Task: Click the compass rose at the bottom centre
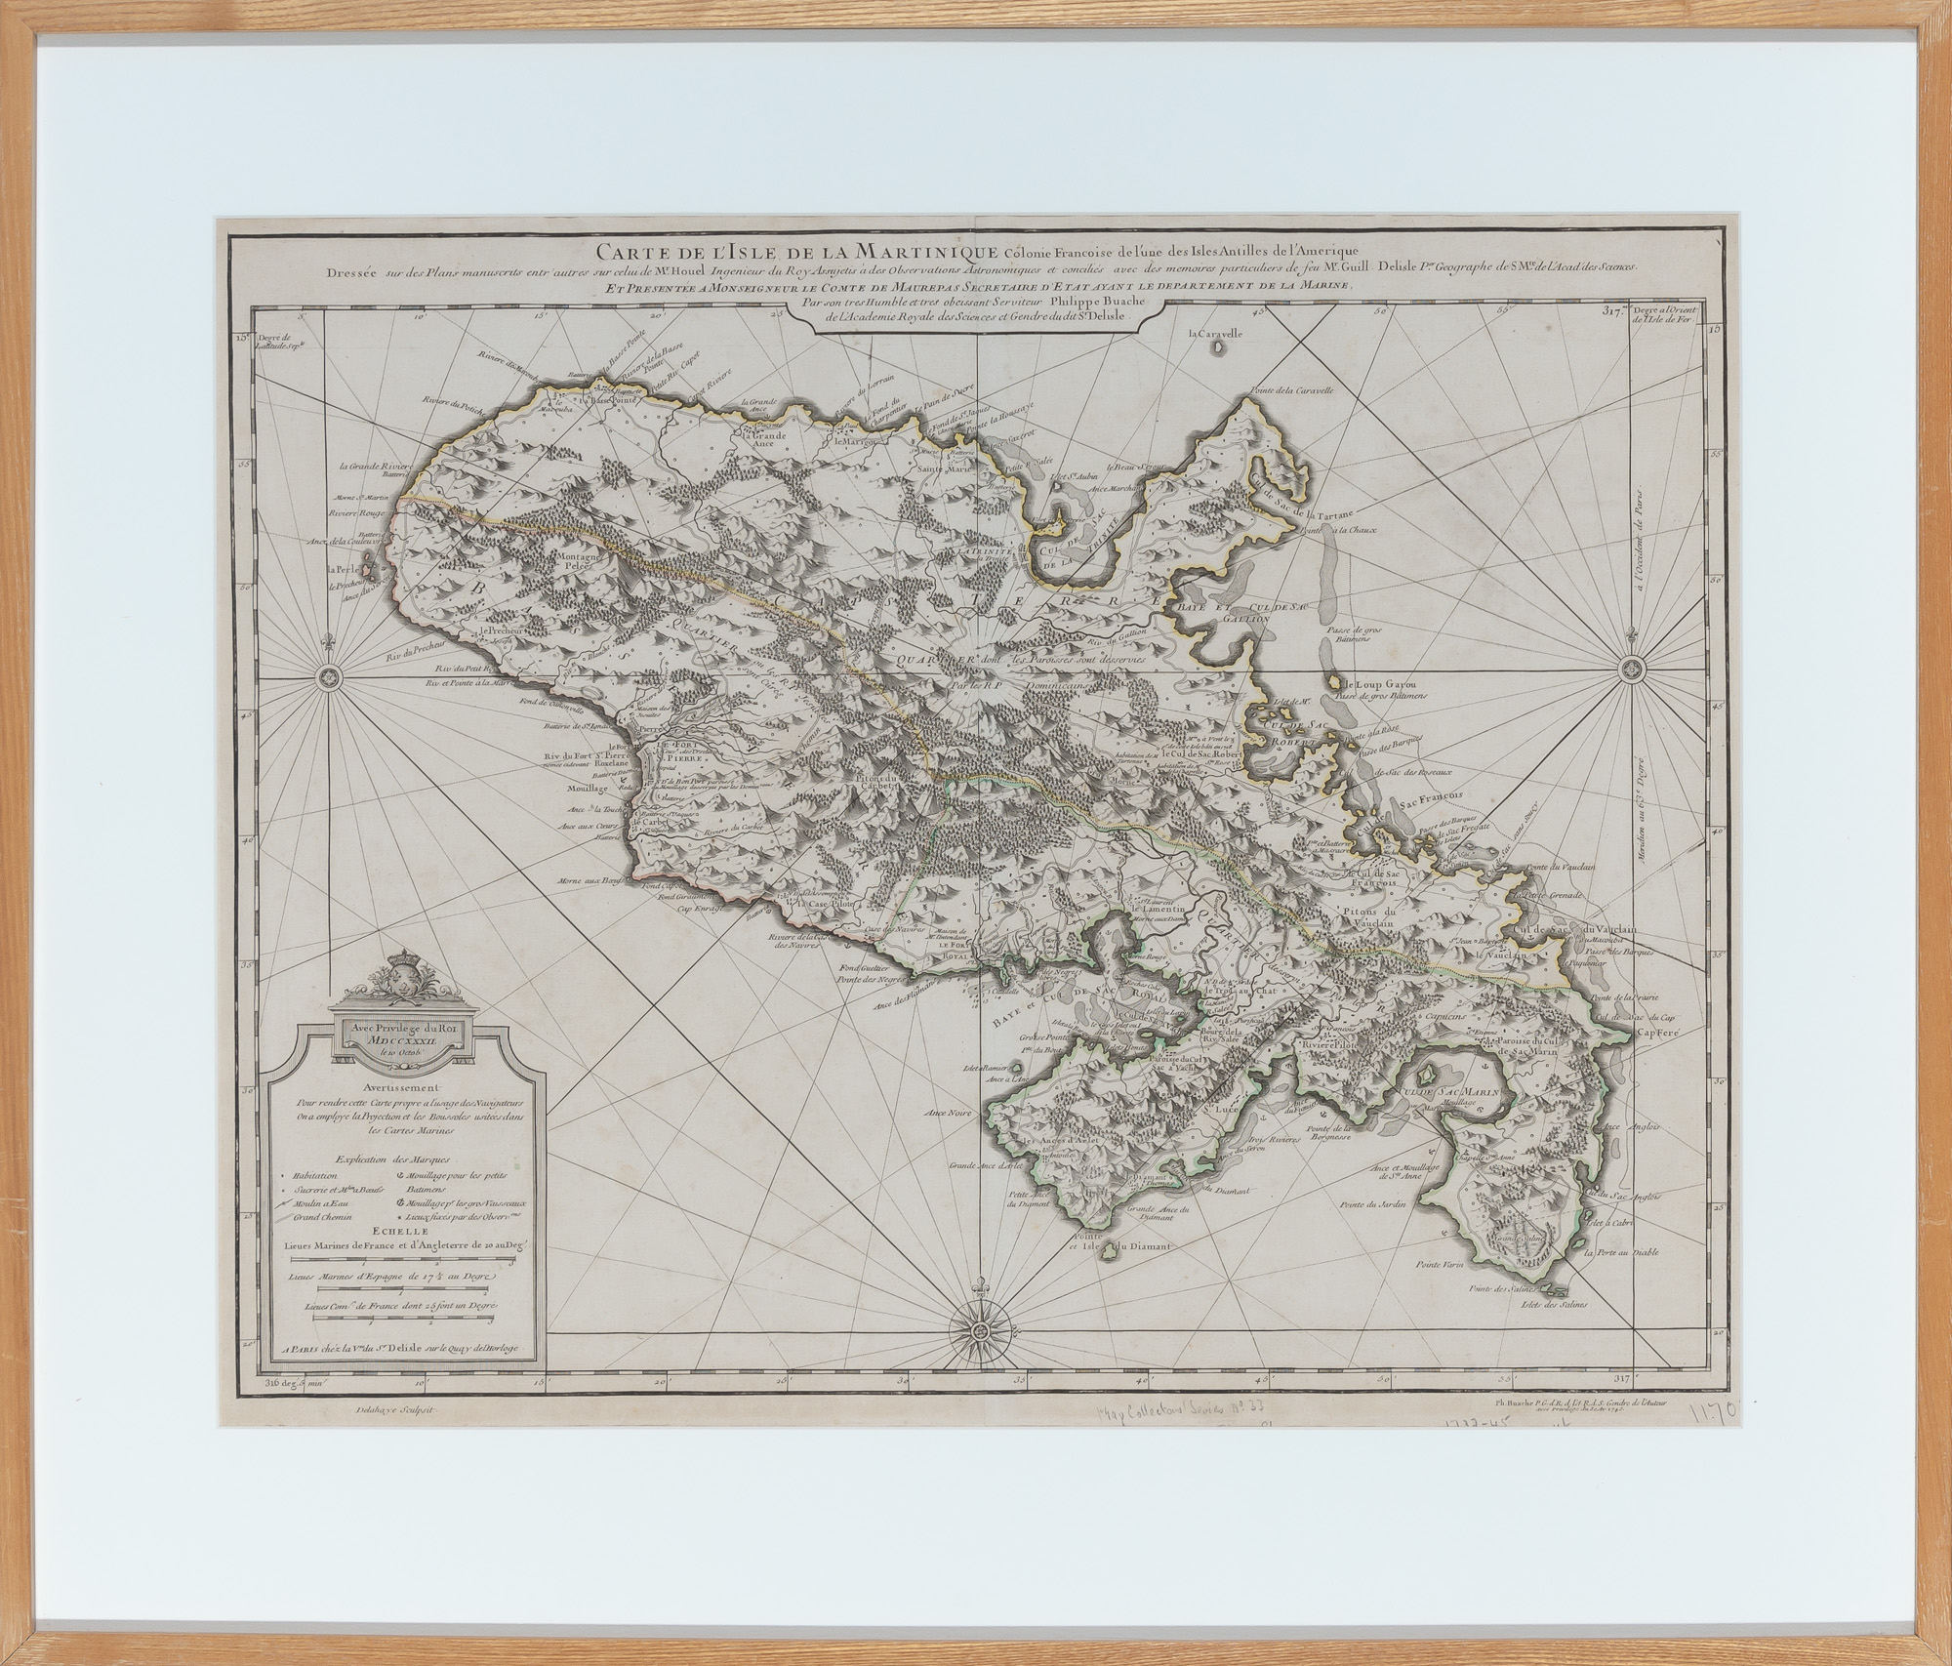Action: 980,1328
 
